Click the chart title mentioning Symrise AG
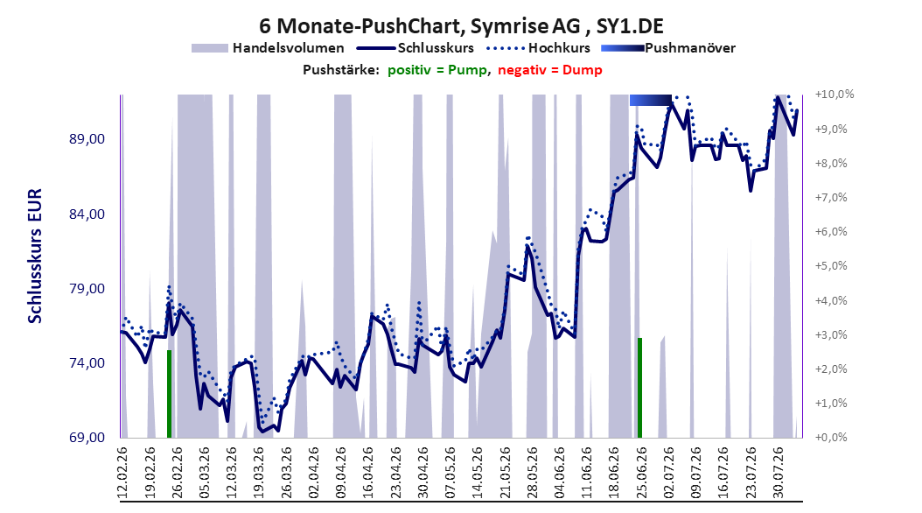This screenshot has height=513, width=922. [x=461, y=26]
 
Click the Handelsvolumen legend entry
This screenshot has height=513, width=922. [x=268, y=48]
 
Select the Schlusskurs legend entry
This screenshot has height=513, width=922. [x=416, y=48]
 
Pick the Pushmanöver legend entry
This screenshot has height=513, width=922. [x=668, y=48]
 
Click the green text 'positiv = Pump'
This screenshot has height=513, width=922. [x=437, y=70]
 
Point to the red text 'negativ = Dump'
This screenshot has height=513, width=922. [x=550, y=70]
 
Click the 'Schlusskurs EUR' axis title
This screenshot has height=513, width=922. [x=35, y=256]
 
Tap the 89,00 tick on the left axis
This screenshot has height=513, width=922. [x=87, y=139]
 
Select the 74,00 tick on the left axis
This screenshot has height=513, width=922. [x=87, y=363]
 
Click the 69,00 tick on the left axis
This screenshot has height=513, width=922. [x=87, y=438]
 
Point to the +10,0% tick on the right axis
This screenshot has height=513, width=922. [x=835, y=95]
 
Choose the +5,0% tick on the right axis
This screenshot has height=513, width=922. [x=831, y=266]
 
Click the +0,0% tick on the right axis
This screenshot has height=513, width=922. [x=831, y=438]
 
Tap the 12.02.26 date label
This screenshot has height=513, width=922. [x=122, y=473]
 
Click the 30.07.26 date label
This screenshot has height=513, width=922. [x=778, y=473]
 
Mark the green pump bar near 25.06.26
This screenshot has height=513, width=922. [x=639, y=388]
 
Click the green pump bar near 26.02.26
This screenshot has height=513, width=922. [x=170, y=394]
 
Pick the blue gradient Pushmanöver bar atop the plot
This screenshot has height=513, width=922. [x=650, y=100]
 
